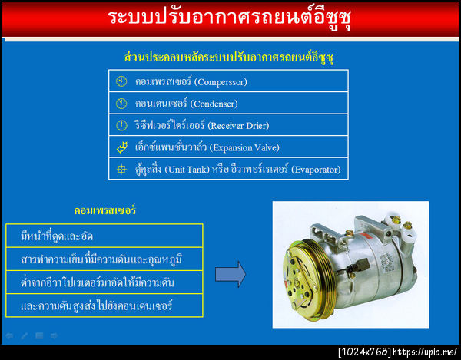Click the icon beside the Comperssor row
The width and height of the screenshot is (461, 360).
click(121, 81)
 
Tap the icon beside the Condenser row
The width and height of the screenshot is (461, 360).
click(121, 103)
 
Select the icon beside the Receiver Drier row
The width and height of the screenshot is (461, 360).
click(121, 125)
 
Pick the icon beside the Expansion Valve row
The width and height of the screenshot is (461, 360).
click(121, 147)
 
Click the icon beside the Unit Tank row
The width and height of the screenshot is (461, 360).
click(121, 170)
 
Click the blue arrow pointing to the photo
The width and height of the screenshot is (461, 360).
click(230, 272)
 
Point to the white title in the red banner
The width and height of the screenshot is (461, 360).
click(230, 18)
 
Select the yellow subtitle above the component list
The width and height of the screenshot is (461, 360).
click(230, 58)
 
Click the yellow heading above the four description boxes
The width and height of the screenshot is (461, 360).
click(105, 210)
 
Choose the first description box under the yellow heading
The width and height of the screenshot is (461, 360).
click(104, 236)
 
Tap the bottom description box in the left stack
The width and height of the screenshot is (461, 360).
click(104, 306)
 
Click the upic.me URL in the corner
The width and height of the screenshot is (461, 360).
click(426, 352)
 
